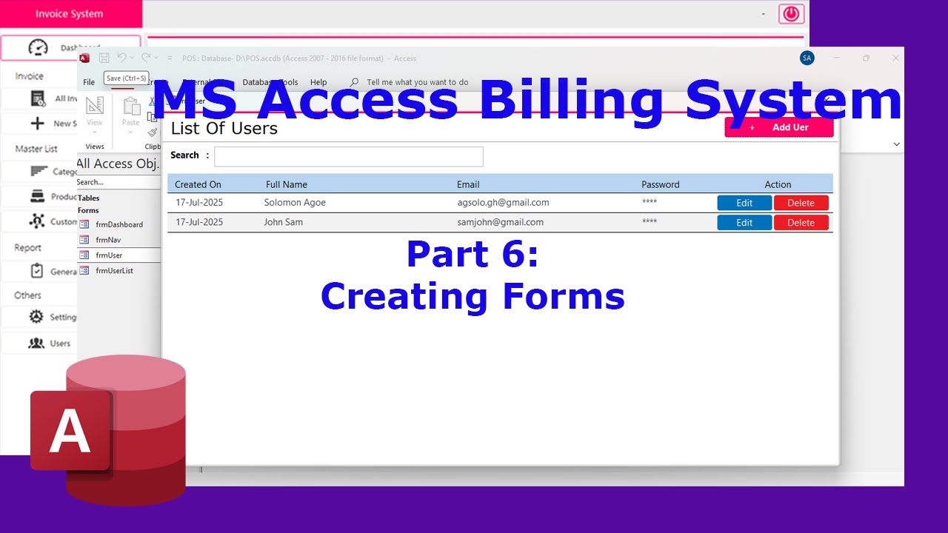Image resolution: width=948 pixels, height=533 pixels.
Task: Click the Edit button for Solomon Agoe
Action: click(744, 203)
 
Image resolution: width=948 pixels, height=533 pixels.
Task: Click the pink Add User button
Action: click(779, 127)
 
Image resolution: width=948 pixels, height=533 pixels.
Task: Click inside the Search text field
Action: click(348, 156)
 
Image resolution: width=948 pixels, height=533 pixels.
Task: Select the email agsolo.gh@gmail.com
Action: click(503, 202)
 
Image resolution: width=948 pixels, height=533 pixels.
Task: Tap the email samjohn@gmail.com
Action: click(500, 222)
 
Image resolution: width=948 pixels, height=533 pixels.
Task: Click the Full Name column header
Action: click(287, 184)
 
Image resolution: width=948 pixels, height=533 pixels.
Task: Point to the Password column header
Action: click(660, 184)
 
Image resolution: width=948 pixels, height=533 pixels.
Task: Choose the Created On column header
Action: click(198, 184)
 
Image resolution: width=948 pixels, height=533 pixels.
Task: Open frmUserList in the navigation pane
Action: click(114, 271)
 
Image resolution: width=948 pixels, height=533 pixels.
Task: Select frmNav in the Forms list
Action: click(107, 240)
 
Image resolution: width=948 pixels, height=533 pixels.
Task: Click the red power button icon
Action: click(791, 14)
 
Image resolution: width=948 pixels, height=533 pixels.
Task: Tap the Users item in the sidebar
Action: click(59, 343)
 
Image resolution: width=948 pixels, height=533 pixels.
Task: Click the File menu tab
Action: click(89, 82)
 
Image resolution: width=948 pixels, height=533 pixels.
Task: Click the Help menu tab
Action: click(318, 82)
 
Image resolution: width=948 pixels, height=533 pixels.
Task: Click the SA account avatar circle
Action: click(807, 58)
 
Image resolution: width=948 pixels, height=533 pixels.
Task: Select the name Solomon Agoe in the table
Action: click(295, 202)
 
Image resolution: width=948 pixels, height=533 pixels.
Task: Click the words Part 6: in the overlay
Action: click(473, 255)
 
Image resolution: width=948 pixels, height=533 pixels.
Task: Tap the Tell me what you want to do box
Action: click(417, 82)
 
